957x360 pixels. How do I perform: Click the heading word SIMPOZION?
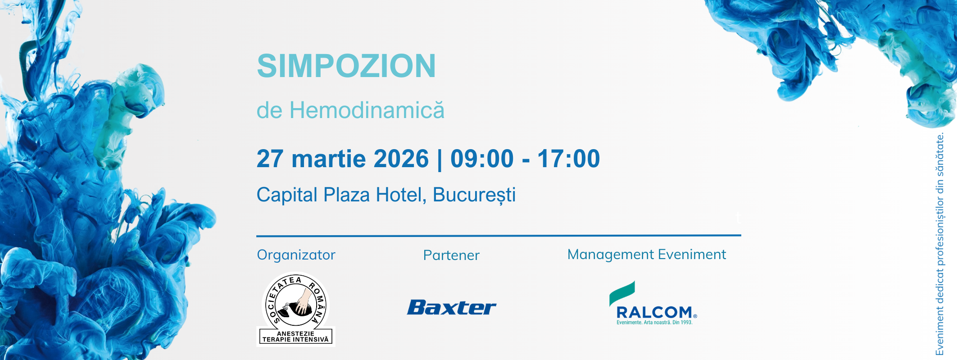pyautogui.click(x=346, y=66)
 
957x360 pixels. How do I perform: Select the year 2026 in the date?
pyautogui.click(x=401, y=159)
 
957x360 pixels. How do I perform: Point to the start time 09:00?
pyautogui.click(x=482, y=159)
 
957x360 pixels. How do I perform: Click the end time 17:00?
pyautogui.click(x=568, y=159)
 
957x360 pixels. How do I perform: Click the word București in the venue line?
pyautogui.click(x=474, y=195)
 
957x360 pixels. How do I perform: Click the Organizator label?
pyautogui.click(x=296, y=255)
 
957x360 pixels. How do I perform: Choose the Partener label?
pyautogui.click(x=451, y=255)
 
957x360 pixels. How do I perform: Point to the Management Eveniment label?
pyautogui.click(x=647, y=255)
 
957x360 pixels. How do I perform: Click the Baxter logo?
pyautogui.click(x=451, y=308)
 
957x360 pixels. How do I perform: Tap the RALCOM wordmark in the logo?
pyautogui.click(x=654, y=312)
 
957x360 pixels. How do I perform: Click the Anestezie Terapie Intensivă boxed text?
pyautogui.click(x=295, y=337)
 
